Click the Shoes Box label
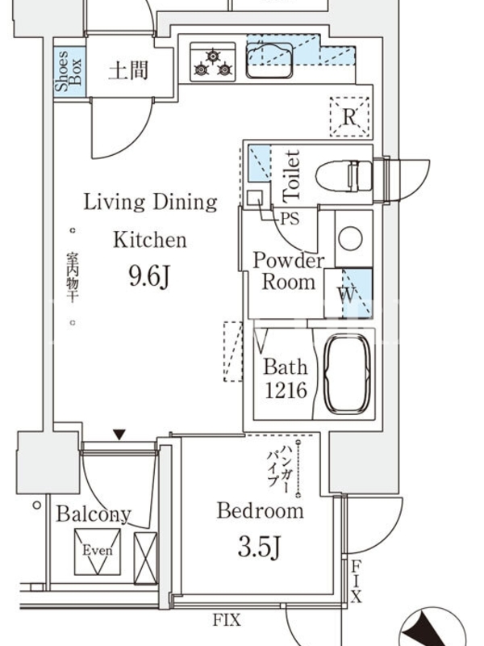pos(69,71)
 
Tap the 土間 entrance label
pos(128,70)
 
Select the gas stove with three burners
pos(213,62)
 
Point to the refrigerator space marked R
pos(350,117)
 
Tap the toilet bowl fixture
pos(344,176)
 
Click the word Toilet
pos(291,176)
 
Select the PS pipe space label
pos(290,218)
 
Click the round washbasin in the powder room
pos(350,238)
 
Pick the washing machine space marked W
pos(348,293)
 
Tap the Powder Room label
pos(289,271)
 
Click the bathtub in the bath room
pos(348,373)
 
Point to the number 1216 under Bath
pos(286,389)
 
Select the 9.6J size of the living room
pos(149,276)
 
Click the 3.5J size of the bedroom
pos(259,547)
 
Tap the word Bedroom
pos(261,510)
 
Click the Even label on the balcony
pos(98,551)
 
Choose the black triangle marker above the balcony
pos(119,434)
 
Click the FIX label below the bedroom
pos(227,619)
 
